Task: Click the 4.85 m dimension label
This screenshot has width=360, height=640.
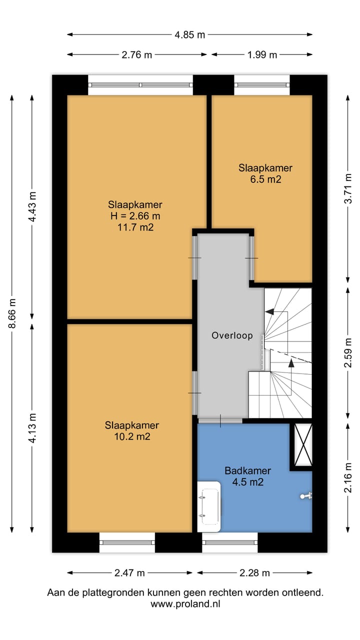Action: tap(189, 35)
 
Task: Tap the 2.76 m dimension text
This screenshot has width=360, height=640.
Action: tap(136, 54)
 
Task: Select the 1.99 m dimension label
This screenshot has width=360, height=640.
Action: tap(262, 54)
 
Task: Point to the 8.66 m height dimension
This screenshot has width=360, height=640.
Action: tap(12, 313)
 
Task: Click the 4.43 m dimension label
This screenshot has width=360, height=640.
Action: tap(32, 206)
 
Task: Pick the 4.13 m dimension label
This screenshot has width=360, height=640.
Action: tap(32, 428)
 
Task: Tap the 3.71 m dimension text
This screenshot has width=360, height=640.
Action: tap(348, 188)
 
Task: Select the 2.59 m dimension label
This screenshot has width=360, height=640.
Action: tap(348, 352)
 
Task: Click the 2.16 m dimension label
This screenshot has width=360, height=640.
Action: tap(348, 477)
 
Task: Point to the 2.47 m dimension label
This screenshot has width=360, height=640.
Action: tap(129, 573)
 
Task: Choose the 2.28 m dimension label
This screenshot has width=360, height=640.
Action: tap(254, 573)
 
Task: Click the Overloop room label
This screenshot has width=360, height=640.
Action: tap(232, 335)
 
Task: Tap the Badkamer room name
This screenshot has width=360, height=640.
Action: tap(247, 470)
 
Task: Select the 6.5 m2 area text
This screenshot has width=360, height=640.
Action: tap(265, 179)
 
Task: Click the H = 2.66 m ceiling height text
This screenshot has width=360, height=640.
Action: tap(135, 216)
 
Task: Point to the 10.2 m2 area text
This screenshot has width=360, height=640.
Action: tap(132, 436)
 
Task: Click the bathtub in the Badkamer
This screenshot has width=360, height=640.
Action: tap(209, 506)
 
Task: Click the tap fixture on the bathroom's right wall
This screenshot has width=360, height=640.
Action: tap(306, 496)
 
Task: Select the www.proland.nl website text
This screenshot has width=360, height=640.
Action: tap(185, 604)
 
